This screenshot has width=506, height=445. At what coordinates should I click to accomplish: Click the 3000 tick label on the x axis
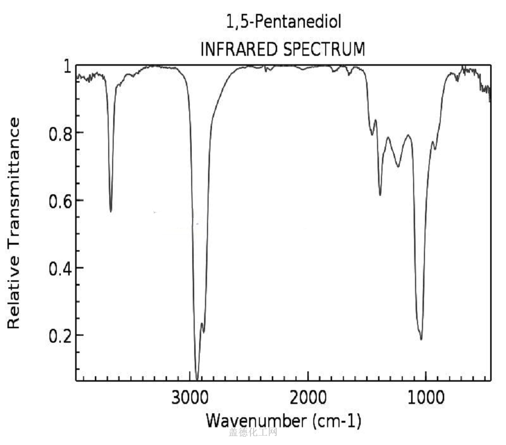(191, 399)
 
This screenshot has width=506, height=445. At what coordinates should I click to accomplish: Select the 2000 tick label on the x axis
(308, 399)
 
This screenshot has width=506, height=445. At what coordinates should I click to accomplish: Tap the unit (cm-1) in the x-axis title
(337, 421)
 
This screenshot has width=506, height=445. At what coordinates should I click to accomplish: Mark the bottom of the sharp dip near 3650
(111, 211)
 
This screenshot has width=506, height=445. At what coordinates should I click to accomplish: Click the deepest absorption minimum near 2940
(197, 378)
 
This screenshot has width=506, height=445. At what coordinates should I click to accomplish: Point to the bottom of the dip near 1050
(421, 339)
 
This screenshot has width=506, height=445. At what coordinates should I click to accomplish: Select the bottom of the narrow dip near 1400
(380, 195)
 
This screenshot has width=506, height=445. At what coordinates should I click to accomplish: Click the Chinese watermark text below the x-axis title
(253, 433)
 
